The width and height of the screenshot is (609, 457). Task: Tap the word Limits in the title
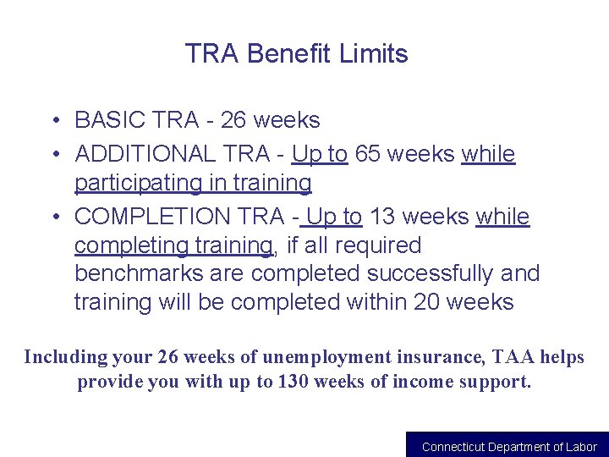point(373,54)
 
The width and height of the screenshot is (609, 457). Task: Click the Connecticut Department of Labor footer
point(509,447)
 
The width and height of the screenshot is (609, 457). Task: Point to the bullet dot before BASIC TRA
point(53,121)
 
